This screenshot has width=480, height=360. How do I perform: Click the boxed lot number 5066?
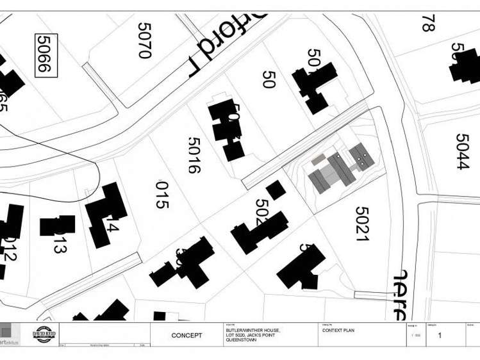coord(46,55)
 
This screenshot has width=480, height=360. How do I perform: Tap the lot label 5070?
coord(144,40)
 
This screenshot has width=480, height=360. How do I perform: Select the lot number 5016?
coord(194,155)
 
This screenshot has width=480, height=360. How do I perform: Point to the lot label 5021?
coord(362,223)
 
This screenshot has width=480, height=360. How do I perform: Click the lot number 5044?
coord(463,151)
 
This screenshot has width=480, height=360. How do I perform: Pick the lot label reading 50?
coord(269,79)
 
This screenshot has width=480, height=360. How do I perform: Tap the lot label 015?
coord(161,195)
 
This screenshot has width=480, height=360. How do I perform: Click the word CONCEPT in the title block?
coord(186,335)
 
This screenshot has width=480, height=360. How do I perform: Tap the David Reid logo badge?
coord(44,334)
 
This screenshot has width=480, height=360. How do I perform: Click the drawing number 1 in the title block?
coord(440,335)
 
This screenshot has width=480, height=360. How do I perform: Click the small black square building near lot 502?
coord(276,190)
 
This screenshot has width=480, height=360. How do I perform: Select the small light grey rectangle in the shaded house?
coord(318,158)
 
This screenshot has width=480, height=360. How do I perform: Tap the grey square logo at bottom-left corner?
coord(8,332)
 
